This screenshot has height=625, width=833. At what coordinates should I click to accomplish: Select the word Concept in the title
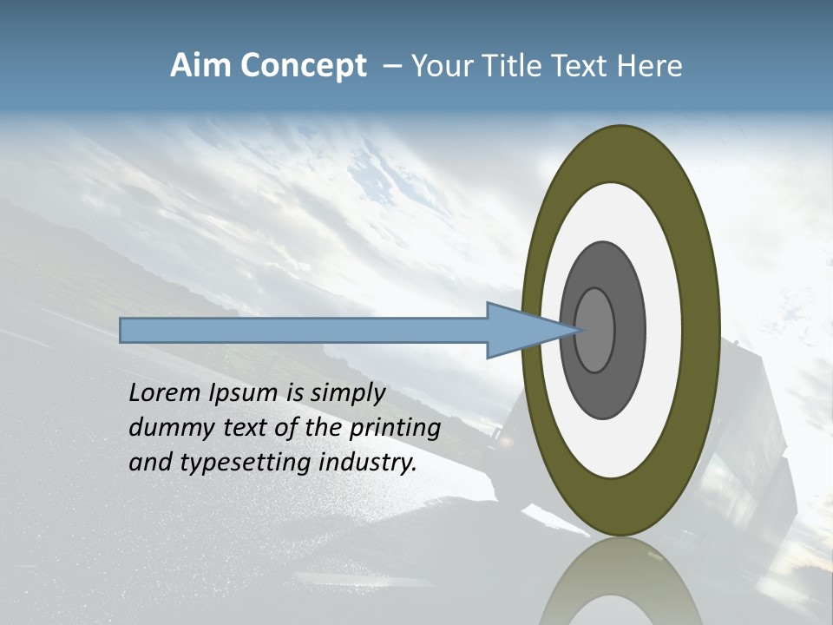coord(303,66)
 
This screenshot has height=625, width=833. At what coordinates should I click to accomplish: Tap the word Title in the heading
coord(518,66)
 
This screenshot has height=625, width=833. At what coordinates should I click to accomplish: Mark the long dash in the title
coord(391,67)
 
